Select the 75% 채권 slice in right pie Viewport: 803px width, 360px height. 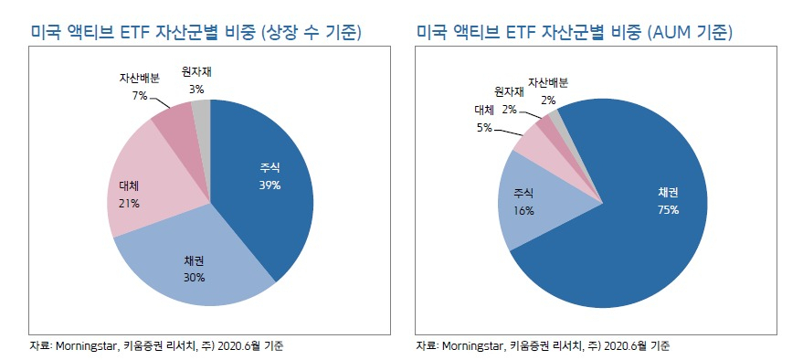645,215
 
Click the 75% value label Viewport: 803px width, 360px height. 669,209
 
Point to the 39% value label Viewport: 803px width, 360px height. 269,185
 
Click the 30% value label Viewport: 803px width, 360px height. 194,278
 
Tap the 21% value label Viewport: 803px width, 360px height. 128,204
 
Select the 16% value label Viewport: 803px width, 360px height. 523,210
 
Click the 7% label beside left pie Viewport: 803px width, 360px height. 141,96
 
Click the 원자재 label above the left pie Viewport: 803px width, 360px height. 196,72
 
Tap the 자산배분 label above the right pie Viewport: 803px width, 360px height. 548,82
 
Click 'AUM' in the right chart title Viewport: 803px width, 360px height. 673,33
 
